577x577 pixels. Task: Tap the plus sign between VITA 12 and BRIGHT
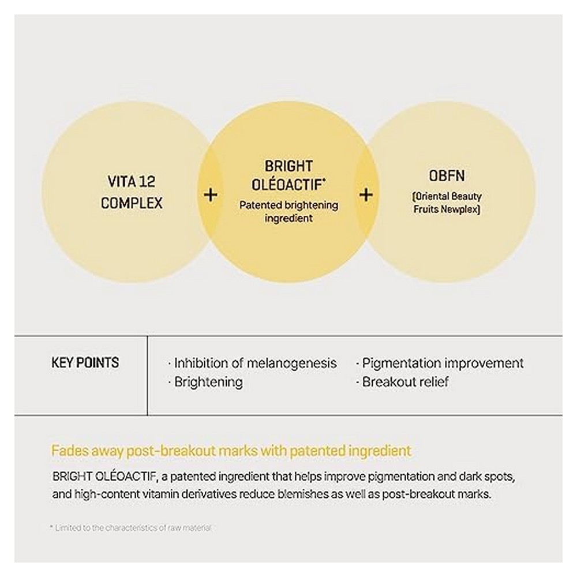[x=211, y=194]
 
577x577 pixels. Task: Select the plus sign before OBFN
[x=366, y=194]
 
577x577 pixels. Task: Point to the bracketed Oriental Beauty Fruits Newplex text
[x=447, y=203]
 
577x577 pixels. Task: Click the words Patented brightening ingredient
[x=288, y=211]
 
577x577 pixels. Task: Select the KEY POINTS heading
[x=85, y=362]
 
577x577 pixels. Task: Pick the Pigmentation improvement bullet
[x=442, y=363]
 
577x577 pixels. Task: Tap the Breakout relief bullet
[x=405, y=381]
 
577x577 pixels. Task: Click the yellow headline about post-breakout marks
[x=231, y=451]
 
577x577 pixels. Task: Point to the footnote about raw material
[x=132, y=528]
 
